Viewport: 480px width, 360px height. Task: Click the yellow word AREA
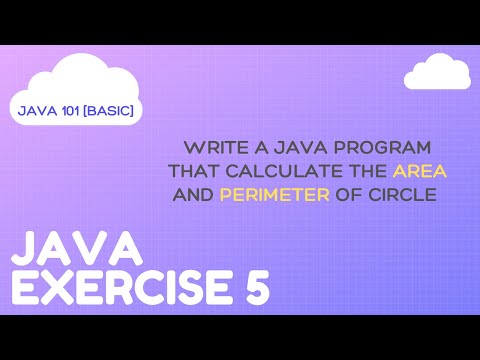(x=420, y=170)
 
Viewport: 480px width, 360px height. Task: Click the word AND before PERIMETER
(x=193, y=195)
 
